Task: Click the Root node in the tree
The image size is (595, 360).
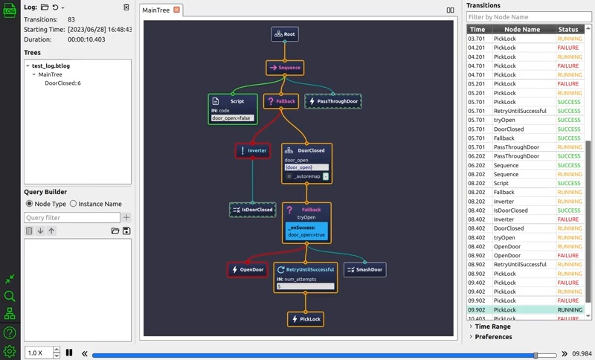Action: pos(285,34)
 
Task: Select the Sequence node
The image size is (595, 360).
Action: pos(285,68)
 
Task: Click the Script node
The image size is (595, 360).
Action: pos(233,101)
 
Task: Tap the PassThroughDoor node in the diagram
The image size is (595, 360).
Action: pos(332,101)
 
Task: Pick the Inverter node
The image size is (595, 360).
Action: pos(252,150)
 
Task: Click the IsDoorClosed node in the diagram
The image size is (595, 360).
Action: pos(252,210)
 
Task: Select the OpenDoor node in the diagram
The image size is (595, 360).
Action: pos(248,269)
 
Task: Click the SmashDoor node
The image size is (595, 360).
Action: pos(364,269)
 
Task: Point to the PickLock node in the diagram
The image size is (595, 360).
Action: pos(306,318)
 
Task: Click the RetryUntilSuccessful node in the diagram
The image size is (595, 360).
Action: pos(306,269)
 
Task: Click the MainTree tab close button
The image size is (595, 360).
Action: pos(176,10)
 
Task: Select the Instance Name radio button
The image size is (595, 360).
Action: pos(74,204)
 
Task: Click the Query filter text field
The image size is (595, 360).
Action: pos(71,218)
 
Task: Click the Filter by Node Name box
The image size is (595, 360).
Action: pos(529,17)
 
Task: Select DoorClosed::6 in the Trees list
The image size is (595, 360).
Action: pos(62,83)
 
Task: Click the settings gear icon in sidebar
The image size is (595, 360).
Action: pos(10,351)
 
